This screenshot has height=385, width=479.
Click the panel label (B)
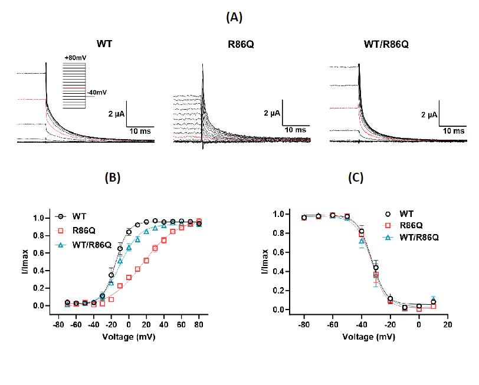point(111,177)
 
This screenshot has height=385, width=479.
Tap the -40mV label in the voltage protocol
point(96,92)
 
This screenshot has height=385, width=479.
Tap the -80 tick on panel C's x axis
point(303,325)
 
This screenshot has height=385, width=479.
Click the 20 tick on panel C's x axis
point(448,325)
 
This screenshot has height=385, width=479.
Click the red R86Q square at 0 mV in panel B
point(129,277)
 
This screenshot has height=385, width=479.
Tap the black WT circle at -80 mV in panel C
point(304,218)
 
